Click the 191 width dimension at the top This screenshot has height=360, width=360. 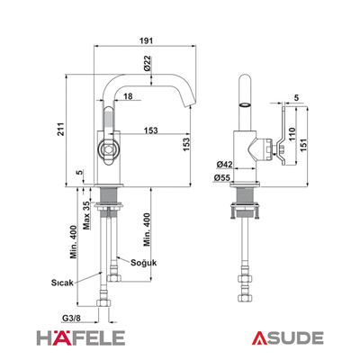[x=146, y=40]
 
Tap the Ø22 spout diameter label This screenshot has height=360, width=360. [x=147, y=63]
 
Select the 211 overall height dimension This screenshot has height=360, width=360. [x=60, y=129]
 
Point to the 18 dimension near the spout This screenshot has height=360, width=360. [x=128, y=96]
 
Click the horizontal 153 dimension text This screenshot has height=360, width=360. [x=150, y=130]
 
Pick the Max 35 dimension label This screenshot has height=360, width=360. [x=86, y=215]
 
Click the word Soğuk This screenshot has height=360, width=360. [x=144, y=263]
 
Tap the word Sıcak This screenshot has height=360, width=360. [x=62, y=283]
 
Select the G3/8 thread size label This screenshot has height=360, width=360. [x=71, y=318]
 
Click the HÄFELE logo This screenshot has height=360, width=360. [x=81, y=337]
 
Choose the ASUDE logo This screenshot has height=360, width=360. [x=287, y=338]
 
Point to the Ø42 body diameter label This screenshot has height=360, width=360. [x=224, y=165]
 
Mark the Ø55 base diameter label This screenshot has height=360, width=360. [x=222, y=178]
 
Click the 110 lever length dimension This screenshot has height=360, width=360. [x=292, y=134]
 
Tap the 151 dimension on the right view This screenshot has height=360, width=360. [x=304, y=145]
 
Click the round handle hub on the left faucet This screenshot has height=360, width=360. [x=107, y=148]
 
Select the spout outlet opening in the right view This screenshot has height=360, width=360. [x=245, y=105]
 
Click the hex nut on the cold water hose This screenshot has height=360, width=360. [x=114, y=277]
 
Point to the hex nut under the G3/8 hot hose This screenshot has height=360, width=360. [x=103, y=302]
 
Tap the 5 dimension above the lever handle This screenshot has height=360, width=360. [x=296, y=97]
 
